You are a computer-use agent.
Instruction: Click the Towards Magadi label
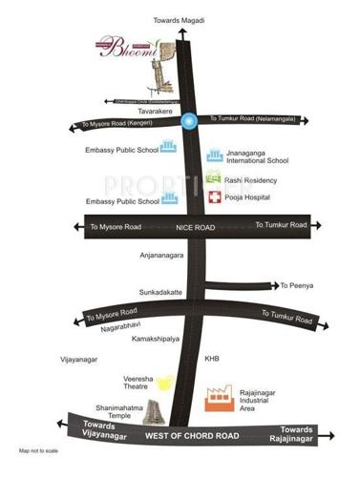pyautogui.click(x=179, y=20)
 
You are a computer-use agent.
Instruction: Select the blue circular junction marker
pyautogui.click(x=189, y=121)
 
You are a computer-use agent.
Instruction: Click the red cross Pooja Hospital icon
pyautogui.click(x=216, y=197)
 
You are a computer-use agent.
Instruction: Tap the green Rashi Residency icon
pyautogui.click(x=214, y=177)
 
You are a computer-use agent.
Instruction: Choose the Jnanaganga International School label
pyautogui.click(x=257, y=156)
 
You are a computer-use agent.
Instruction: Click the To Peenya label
pyautogui.click(x=295, y=285)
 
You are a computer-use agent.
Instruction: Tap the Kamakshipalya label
pyautogui.click(x=157, y=339)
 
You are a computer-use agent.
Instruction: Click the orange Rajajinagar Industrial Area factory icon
pyautogui.click(x=219, y=399)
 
